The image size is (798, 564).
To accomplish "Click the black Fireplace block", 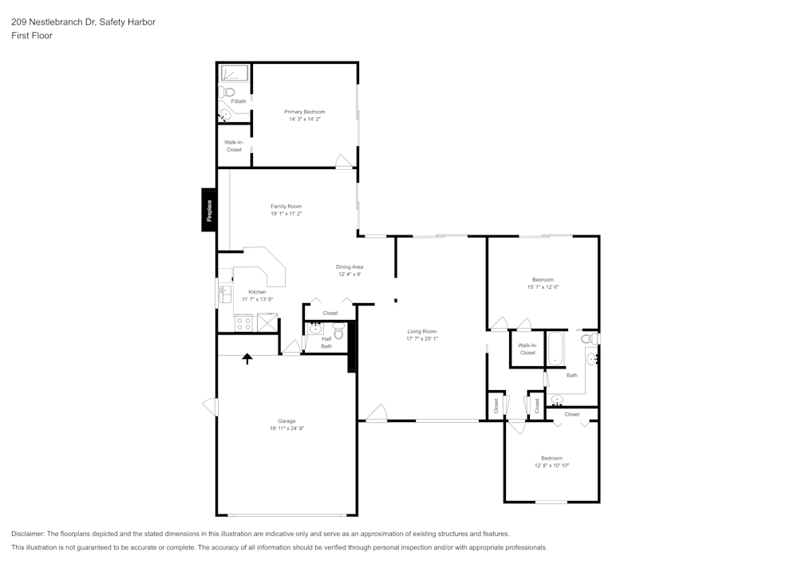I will [209, 210].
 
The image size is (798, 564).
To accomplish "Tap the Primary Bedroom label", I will [305, 112].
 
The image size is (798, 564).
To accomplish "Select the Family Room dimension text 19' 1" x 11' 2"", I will [286, 214].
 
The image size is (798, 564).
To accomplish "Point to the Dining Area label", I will [350, 266].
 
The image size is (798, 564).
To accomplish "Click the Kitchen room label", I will [257, 292].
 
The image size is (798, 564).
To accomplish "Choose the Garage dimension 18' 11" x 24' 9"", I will [286, 428].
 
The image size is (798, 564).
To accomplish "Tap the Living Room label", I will [422, 331].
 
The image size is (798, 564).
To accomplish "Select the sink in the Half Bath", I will [315, 328].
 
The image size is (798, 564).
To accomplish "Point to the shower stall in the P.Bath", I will [235, 74].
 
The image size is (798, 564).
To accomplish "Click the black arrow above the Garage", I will [247, 359].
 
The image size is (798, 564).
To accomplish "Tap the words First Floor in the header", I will [32, 36].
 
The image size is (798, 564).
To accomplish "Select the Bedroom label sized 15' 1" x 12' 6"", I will [543, 280].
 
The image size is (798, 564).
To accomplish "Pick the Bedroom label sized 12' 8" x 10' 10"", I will [551, 458].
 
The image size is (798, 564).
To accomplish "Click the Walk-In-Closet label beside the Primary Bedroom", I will [234, 146].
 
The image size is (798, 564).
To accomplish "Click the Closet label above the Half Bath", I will [330, 313].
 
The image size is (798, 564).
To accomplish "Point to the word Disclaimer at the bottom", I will [28, 534].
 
